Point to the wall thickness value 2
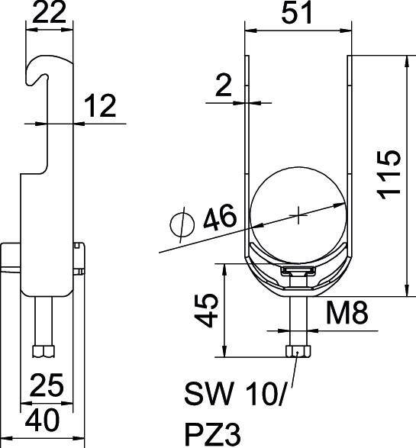[222, 86]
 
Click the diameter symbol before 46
[181, 225]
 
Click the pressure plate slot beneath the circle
[298, 271]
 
